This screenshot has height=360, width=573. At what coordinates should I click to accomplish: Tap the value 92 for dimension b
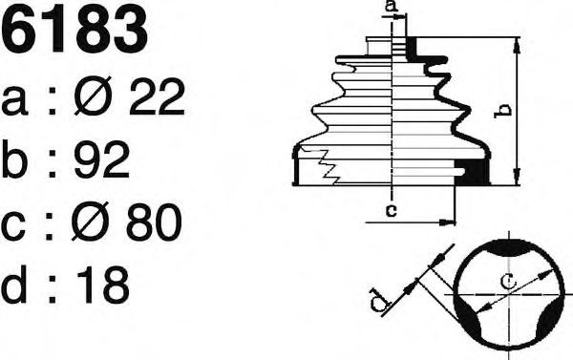pos(101,159)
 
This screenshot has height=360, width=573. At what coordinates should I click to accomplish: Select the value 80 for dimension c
pos(154,222)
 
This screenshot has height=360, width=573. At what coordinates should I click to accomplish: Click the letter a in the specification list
pos(14,101)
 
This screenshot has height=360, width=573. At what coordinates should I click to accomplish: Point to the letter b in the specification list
pos(14,159)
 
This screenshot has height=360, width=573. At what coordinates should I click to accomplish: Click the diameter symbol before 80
pos(91,222)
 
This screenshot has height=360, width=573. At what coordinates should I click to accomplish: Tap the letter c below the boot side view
pos(392,210)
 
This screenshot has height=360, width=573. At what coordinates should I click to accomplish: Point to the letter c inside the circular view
pos(508,281)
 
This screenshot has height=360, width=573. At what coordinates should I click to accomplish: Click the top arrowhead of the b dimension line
pos(517,47)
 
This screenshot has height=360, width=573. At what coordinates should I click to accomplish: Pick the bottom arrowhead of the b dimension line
pos(517,176)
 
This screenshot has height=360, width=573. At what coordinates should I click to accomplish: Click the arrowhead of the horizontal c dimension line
pos(447,222)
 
